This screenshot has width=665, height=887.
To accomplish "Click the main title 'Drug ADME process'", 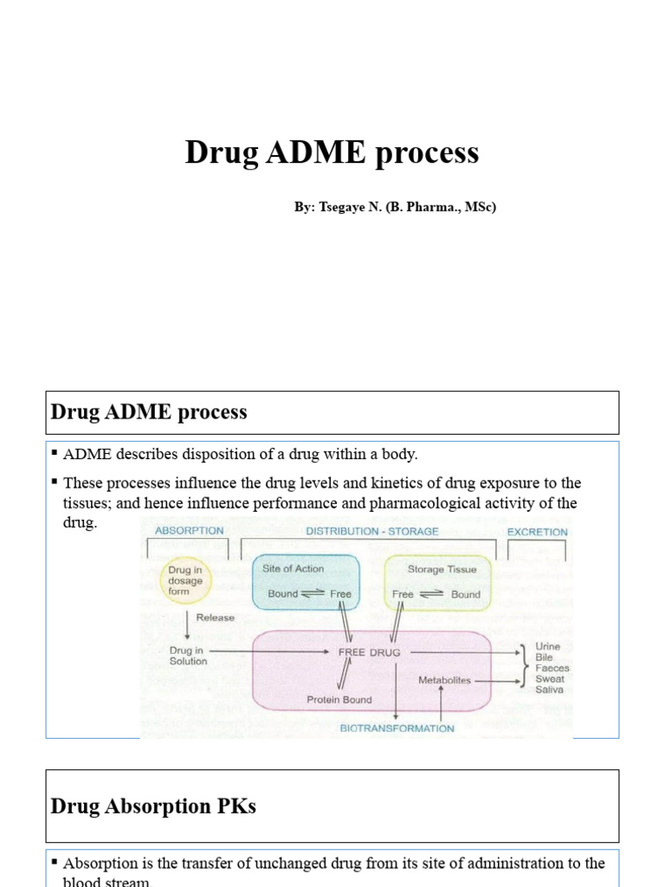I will (332, 153).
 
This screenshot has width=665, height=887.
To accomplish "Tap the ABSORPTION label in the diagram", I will (189, 531).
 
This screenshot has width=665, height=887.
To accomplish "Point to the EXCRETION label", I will (538, 532).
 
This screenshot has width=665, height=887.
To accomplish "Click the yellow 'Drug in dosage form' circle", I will (185, 579).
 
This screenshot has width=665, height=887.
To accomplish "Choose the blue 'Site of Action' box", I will (305, 582).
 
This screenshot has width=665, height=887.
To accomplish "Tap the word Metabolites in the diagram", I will (444, 680).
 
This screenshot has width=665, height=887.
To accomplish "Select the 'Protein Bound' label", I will (339, 700).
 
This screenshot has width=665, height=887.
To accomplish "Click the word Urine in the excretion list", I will (548, 646).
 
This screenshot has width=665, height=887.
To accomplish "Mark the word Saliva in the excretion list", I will (549, 690).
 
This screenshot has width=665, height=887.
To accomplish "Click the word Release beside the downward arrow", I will (216, 618).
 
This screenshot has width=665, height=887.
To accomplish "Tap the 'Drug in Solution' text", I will (188, 655).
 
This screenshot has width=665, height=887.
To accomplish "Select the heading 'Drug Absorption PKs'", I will (153, 806).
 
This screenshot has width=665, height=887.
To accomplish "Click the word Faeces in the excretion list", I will (552, 668).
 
